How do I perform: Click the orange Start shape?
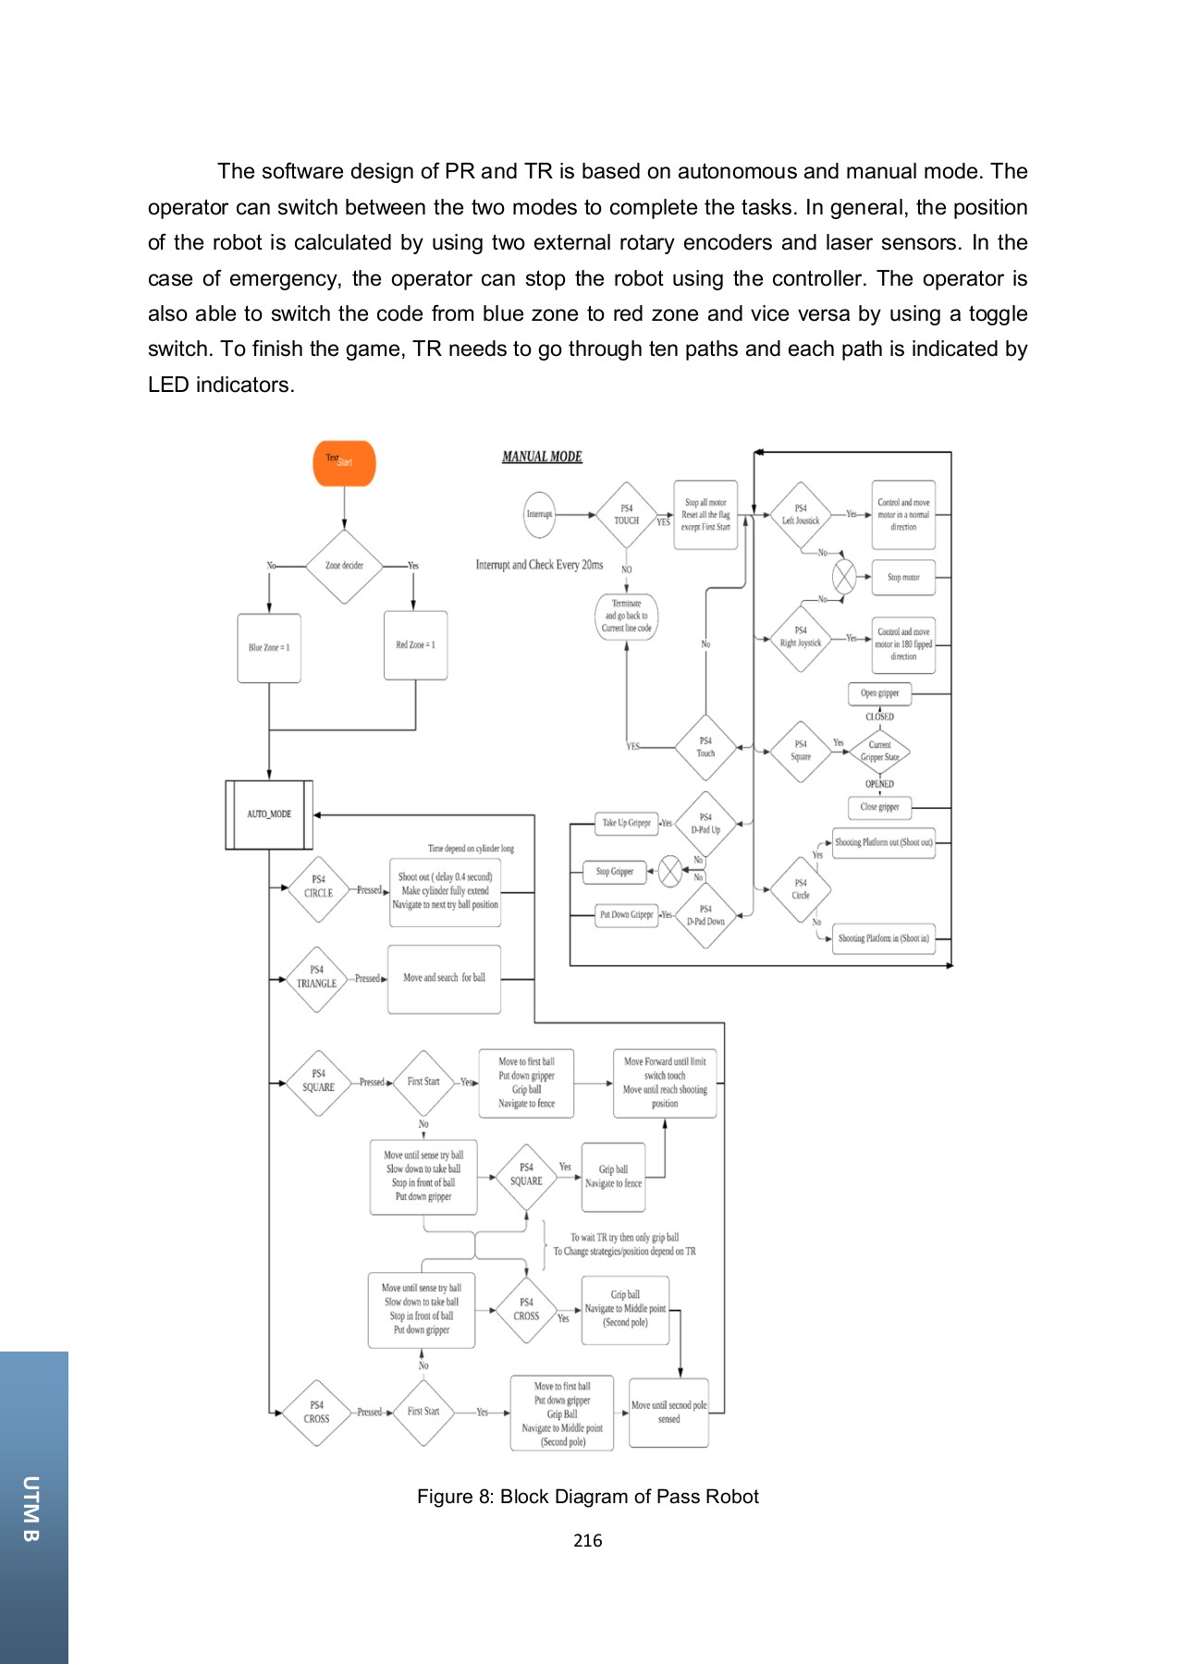(x=344, y=463)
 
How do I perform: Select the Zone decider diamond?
(x=344, y=566)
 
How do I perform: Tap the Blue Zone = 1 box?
(x=269, y=648)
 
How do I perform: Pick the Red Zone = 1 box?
(x=415, y=645)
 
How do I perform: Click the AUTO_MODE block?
(x=269, y=814)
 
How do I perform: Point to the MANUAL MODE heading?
(x=542, y=457)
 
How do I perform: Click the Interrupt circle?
(x=539, y=514)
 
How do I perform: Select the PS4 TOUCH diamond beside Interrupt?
(x=626, y=515)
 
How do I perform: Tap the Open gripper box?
(x=879, y=693)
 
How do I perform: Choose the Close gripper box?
(x=879, y=807)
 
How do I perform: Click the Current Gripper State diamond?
(x=879, y=751)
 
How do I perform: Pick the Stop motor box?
(x=903, y=577)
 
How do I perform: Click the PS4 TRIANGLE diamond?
(x=316, y=978)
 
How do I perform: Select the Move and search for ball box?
(x=444, y=978)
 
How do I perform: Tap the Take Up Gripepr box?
(x=626, y=823)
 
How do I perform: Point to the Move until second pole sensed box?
(x=668, y=1412)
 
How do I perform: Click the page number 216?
(x=587, y=1540)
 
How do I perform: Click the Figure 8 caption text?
(x=587, y=1497)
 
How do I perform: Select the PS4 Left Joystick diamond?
(x=800, y=515)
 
